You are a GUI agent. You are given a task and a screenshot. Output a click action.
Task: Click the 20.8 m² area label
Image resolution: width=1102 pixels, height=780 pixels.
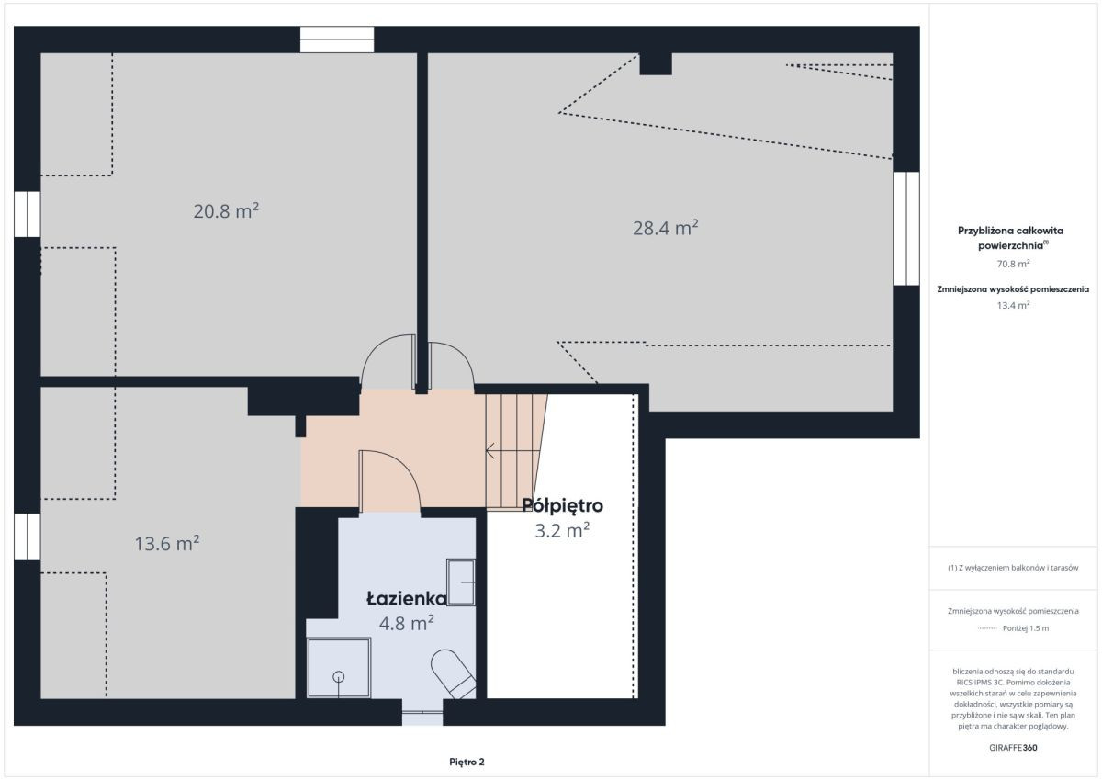click(x=226, y=211)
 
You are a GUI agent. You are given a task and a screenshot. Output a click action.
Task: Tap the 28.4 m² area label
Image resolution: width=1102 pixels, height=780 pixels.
click(x=665, y=228)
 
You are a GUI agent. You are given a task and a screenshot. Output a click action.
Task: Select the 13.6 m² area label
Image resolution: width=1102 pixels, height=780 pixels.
click(x=167, y=543)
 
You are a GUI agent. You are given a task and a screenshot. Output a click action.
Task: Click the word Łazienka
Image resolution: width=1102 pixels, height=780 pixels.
click(x=407, y=598)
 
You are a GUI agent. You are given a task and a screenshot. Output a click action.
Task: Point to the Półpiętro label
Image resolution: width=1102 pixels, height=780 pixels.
click(x=562, y=505)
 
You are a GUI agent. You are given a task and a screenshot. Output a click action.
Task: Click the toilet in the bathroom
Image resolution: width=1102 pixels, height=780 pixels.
click(x=454, y=673)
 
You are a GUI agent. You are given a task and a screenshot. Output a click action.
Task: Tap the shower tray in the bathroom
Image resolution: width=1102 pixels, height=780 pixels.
click(x=339, y=668)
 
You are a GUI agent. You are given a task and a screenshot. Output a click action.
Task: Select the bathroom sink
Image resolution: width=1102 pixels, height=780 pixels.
click(x=460, y=582)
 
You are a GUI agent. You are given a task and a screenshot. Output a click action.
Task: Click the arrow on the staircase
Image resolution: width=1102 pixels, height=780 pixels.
click(x=512, y=450)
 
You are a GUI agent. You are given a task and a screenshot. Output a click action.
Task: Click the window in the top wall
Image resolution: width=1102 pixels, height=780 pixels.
click(x=337, y=40)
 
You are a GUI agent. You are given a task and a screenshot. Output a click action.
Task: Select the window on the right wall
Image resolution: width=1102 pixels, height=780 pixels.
click(x=906, y=229)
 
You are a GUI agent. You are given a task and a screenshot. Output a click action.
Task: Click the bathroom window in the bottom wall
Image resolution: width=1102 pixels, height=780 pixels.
click(x=422, y=712)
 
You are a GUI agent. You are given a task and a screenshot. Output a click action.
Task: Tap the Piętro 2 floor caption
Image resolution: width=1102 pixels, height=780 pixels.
click(x=467, y=762)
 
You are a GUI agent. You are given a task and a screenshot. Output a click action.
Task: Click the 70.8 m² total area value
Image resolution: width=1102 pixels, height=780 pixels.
click(x=1013, y=264)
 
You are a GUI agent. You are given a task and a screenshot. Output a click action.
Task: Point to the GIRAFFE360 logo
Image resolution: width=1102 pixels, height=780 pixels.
click(x=1013, y=748)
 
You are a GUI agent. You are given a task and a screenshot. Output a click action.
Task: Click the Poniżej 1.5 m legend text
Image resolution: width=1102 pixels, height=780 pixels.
click(x=1026, y=628)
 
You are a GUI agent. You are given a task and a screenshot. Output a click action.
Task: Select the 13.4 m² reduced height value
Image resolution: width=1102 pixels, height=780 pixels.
click(x=1013, y=305)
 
